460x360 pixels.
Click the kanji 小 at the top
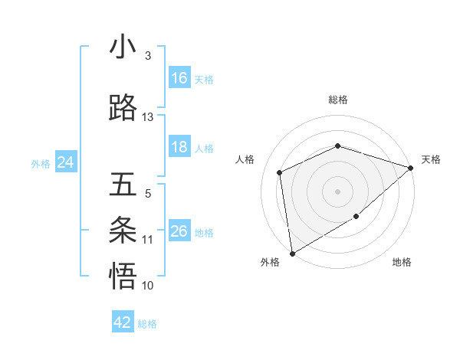tap(123, 47)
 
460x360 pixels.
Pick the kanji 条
tap(123, 230)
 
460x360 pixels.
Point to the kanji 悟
tap(123, 276)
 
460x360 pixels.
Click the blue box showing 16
tap(179, 78)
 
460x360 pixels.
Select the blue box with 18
tap(179, 147)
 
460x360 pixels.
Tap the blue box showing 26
tap(179, 231)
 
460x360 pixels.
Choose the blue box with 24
tap(65, 162)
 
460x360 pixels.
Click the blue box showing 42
tap(123, 322)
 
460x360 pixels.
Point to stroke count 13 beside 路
tap(148, 117)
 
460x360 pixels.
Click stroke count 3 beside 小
tap(148, 56)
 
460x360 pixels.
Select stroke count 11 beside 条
tap(148, 240)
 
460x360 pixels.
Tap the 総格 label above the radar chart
tap(338, 100)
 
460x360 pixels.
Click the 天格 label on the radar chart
tap(431, 159)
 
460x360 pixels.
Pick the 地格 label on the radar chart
tap(402, 262)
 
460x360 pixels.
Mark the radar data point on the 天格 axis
tap(411, 168)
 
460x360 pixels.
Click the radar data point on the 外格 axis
tap(292, 253)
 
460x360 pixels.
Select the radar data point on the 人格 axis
tap(280, 172)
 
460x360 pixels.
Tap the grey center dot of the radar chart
tap(337, 191)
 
